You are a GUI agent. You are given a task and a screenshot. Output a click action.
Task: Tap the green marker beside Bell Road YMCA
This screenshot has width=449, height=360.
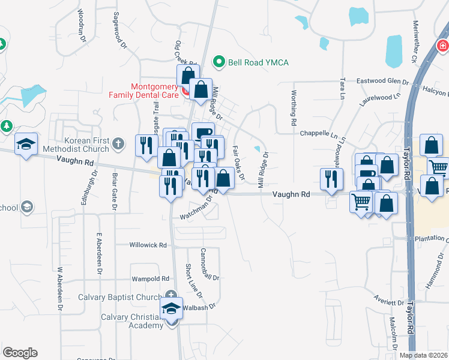coord(220,62)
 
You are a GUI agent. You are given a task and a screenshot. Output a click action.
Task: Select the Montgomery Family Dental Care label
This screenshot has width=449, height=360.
coord(143,91)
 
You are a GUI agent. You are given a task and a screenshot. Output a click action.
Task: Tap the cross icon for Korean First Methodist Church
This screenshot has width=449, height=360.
coord(118,143)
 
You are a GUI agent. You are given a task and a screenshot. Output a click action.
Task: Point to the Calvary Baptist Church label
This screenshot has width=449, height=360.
coord(120,298)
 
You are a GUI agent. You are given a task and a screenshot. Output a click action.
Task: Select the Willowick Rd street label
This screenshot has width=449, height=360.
coord(148,245)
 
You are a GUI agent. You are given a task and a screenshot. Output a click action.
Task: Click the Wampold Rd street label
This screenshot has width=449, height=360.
coord(150,279)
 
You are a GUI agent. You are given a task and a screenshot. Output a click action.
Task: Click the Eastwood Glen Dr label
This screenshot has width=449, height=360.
coord(382,81)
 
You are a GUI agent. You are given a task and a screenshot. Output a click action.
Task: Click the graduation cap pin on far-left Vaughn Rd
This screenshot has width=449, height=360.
coord(26,144)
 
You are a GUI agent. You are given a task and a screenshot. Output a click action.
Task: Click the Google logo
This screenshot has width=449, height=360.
coord(20,353)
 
